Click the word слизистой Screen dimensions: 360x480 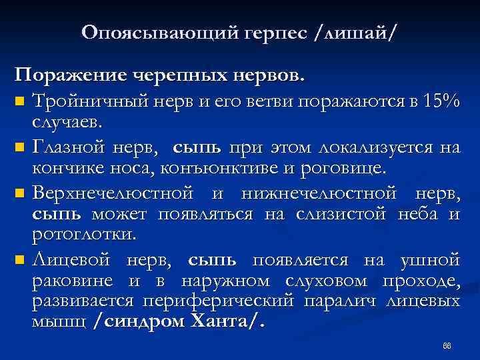(353, 213)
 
